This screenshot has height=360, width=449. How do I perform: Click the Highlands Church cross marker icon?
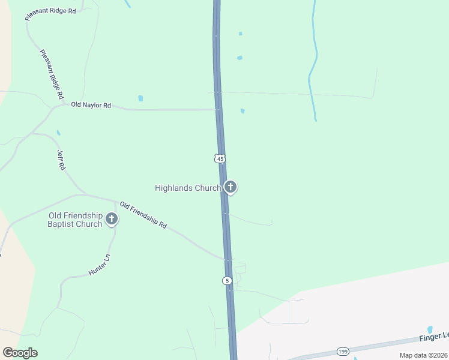(x=230, y=187)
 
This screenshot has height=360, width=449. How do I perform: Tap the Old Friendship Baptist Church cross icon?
(x=112, y=219)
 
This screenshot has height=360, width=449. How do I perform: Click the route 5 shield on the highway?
(x=226, y=281)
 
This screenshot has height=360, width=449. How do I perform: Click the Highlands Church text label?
(x=188, y=188)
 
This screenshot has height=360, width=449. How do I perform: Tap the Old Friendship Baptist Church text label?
(x=75, y=220)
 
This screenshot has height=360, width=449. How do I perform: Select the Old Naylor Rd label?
(x=91, y=105)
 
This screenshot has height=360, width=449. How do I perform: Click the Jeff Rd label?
(x=61, y=160)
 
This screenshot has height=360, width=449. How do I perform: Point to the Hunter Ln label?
(x=100, y=265)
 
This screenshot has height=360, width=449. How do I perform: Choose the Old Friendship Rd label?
(x=143, y=214)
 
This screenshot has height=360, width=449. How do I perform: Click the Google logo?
(x=20, y=353)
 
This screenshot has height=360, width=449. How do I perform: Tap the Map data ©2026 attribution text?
(x=423, y=355)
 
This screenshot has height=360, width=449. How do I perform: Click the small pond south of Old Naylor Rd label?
(x=140, y=98)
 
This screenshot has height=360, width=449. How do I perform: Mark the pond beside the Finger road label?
(x=430, y=329)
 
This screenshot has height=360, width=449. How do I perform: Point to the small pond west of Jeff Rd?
(x=58, y=133)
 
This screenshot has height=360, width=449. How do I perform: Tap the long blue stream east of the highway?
(x=312, y=66)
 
